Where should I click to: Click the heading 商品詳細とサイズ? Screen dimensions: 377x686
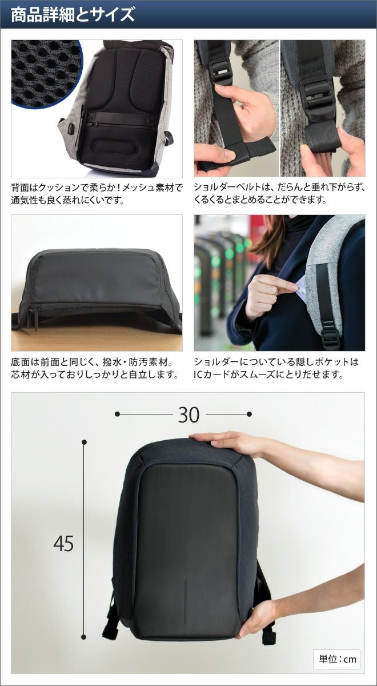pyautogui.click(x=73, y=14)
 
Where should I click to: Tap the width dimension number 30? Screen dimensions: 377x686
pyautogui.click(x=189, y=415)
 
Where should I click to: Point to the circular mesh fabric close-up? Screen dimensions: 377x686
pyautogui.click(x=46, y=74)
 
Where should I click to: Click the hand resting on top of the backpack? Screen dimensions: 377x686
pyautogui.click(x=225, y=443)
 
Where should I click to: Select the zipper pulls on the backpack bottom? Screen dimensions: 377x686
pyautogui.click(x=34, y=318)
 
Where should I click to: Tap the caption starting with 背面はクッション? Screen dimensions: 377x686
pyautogui.click(x=97, y=194)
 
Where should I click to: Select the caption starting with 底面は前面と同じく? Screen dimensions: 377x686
pyautogui.click(x=95, y=368)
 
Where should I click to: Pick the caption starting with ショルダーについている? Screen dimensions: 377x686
pyautogui.click(x=276, y=368)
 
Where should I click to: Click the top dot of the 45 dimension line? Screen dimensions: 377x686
pyautogui.click(x=84, y=442)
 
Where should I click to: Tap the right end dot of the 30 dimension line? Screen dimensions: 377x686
pyautogui.click(x=249, y=414)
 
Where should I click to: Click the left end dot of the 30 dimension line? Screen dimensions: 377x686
pyautogui.click(x=117, y=414)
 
